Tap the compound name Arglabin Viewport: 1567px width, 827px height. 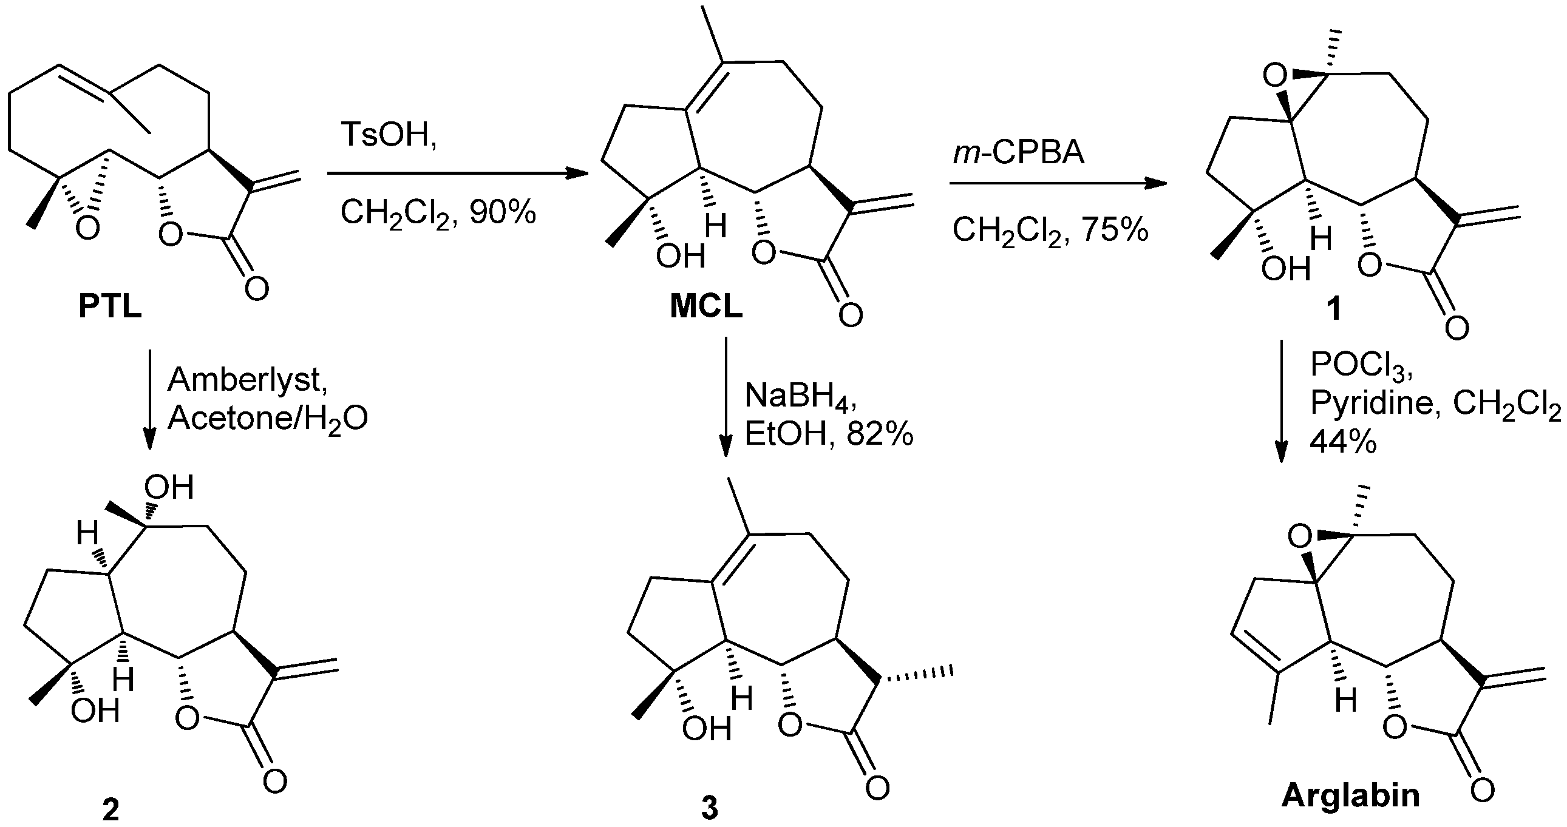(x=1350, y=795)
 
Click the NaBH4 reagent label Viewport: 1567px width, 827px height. (x=801, y=397)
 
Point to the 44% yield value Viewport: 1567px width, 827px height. (x=1342, y=442)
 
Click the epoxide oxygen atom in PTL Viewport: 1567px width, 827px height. (x=87, y=229)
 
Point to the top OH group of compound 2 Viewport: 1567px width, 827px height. (x=169, y=488)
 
